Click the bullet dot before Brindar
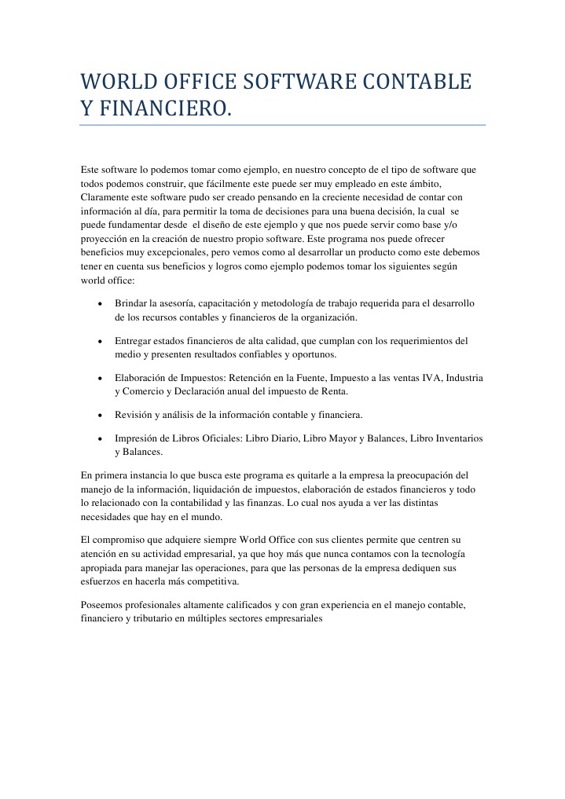[100, 304]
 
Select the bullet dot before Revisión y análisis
[100, 414]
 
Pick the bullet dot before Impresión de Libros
[100, 438]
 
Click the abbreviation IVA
[431, 378]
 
